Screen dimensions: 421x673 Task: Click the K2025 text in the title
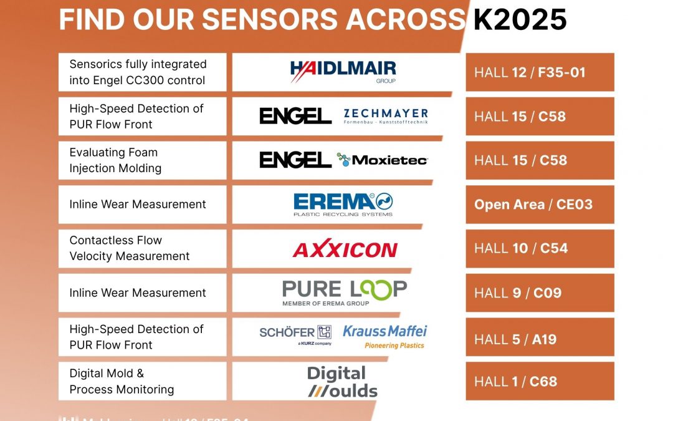(x=520, y=20)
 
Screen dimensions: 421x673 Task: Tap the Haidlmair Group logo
(x=343, y=72)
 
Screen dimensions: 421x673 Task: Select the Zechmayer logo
(x=386, y=116)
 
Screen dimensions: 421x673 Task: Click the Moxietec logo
(x=382, y=160)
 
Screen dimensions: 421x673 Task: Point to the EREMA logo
(x=343, y=204)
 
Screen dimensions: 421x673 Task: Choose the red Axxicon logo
(x=345, y=249)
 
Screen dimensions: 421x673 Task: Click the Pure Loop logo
(x=344, y=293)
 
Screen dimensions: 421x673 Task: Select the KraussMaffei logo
(x=385, y=336)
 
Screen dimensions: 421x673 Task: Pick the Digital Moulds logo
(x=342, y=382)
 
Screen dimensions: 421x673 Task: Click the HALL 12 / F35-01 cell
(x=540, y=72)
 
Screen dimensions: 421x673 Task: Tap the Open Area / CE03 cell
(x=540, y=205)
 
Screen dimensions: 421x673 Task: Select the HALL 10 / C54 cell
(x=540, y=249)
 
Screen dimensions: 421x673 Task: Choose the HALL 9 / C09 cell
(x=540, y=293)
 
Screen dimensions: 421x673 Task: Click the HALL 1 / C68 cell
(x=540, y=381)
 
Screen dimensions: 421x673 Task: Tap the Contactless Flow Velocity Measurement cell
(x=142, y=248)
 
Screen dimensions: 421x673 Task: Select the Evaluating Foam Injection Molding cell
(x=142, y=160)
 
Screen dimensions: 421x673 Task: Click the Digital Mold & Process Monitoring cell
(x=142, y=381)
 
